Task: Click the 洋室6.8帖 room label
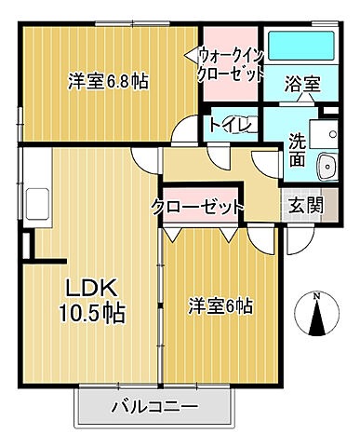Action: (x=108, y=81)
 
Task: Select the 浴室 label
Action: (x=301, y=84)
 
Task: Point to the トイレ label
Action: (x=227, y=123)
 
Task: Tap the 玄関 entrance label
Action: (x=304, y=206)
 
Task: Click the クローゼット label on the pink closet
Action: (x=198, y=206)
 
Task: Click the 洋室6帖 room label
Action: (x=221, y=306)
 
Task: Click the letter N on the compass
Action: (x=316, y=296)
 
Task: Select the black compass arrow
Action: (x=316, y=321)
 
